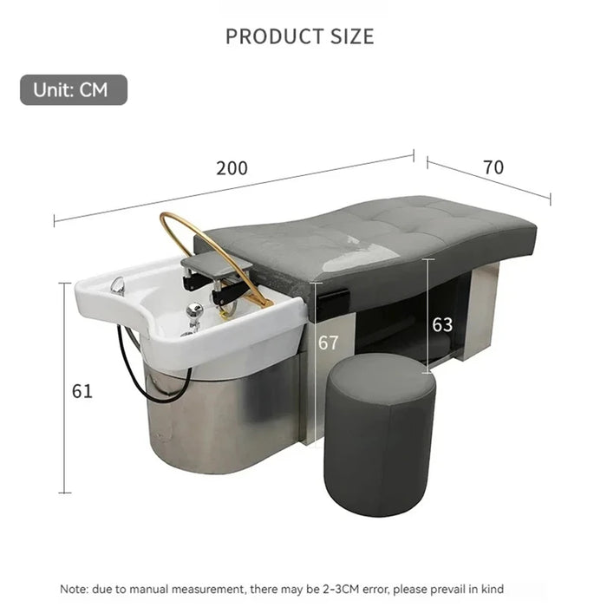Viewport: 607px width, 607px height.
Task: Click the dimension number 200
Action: (x=232, y=168)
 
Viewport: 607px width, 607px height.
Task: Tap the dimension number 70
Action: (x=493, y=167)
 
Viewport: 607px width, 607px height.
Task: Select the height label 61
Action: (x=82, y=391)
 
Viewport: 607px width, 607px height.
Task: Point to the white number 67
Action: (x=329, y=343)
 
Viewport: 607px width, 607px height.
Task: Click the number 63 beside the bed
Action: (x=442, y=324)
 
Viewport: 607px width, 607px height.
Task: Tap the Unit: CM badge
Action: (x=74, y=90)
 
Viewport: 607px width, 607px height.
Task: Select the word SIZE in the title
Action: (x=352, y=36)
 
